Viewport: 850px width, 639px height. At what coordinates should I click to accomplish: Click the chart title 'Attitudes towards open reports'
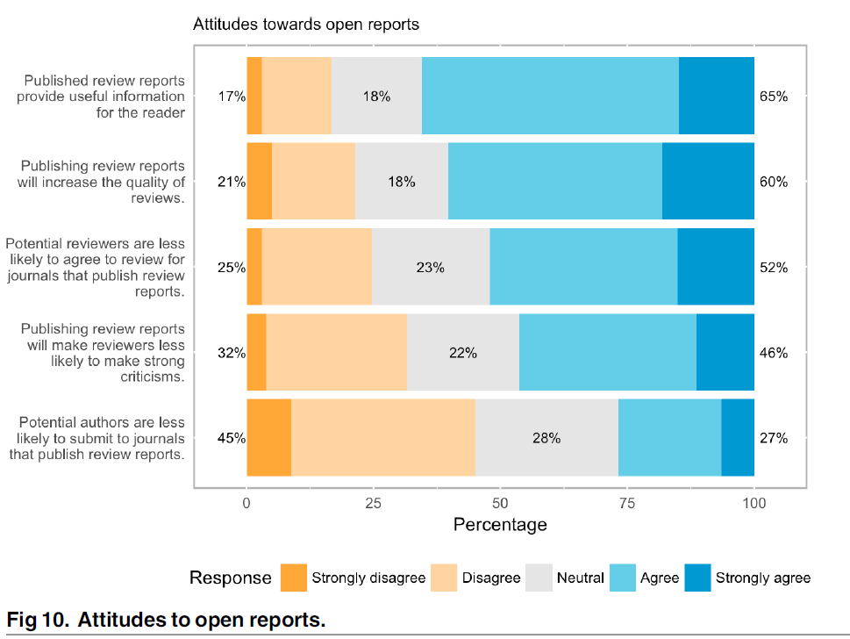point(306,25)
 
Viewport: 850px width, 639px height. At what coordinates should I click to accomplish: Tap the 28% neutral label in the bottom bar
point(546,438)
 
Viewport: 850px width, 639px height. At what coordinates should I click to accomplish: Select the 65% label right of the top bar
point(774,97)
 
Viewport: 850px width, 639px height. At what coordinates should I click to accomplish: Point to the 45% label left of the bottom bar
point(232,438)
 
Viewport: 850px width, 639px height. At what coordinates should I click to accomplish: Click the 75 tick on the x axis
point(627,503)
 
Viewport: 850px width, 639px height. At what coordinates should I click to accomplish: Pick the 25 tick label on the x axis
point(373,503)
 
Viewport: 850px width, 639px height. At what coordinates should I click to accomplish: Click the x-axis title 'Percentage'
point(500,525)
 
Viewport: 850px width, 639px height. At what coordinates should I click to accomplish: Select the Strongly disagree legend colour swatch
point(294,578)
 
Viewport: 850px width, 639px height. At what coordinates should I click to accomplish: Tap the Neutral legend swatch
point(539,578)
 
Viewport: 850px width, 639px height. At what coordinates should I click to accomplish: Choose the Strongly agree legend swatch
point(697,578)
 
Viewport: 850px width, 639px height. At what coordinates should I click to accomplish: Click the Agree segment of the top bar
point(550,96)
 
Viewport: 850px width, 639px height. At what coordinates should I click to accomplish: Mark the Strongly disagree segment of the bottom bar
point(268,438)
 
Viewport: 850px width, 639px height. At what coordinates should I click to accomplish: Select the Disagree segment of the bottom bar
point(382,438)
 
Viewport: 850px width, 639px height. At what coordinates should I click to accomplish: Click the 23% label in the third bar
point(430,268)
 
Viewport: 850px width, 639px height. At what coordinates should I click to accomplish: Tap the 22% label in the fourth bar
point(462,353)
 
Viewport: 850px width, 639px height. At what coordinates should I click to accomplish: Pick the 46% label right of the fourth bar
point(774,353)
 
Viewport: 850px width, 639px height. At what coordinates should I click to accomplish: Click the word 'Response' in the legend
point(231,578)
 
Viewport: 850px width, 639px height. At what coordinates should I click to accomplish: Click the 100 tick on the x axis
point(754,503)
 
